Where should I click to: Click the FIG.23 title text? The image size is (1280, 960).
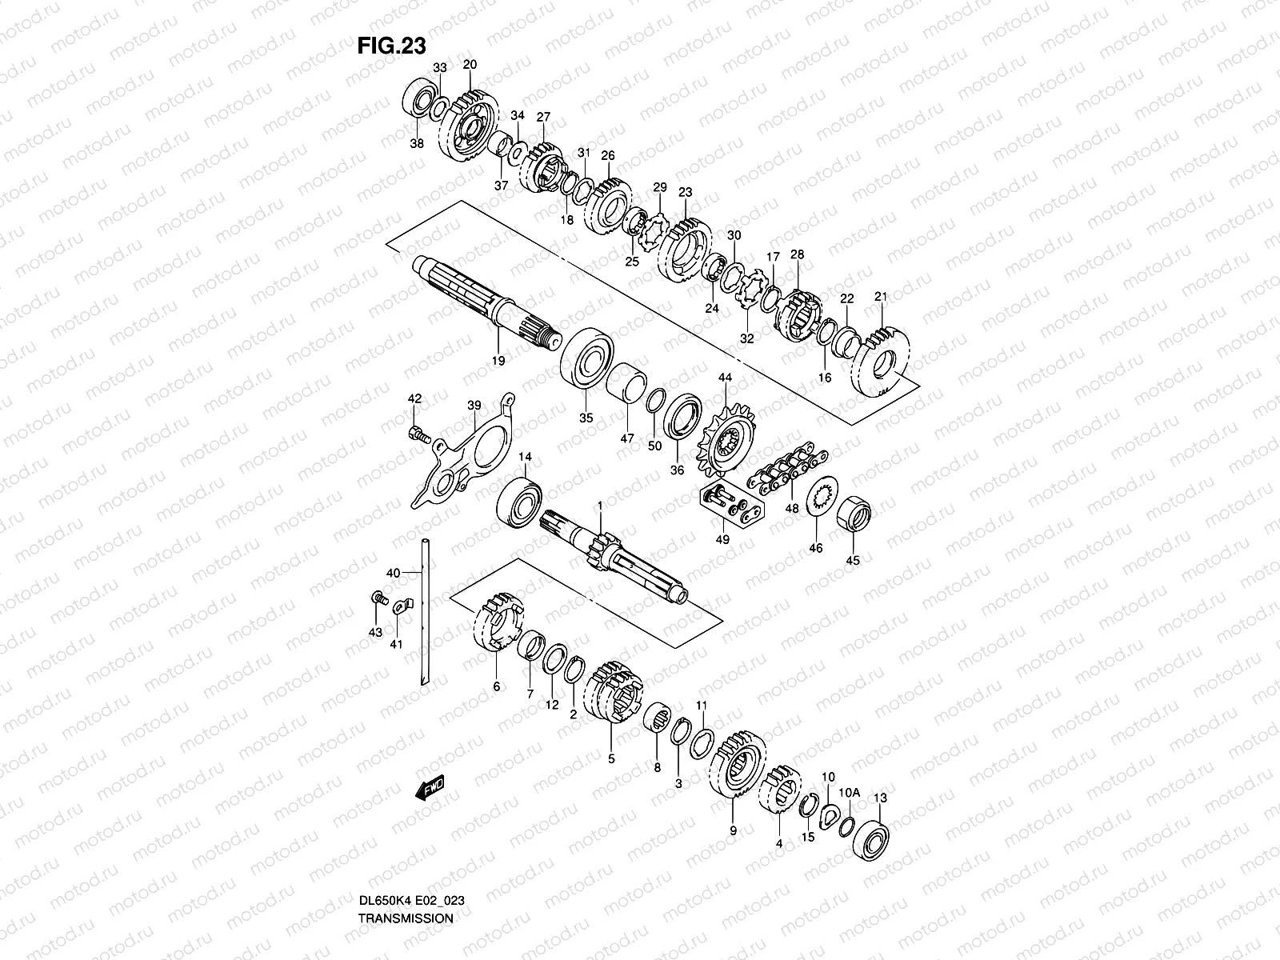391,46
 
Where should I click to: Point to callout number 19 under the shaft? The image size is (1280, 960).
498,362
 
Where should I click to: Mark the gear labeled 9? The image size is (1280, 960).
736,769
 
